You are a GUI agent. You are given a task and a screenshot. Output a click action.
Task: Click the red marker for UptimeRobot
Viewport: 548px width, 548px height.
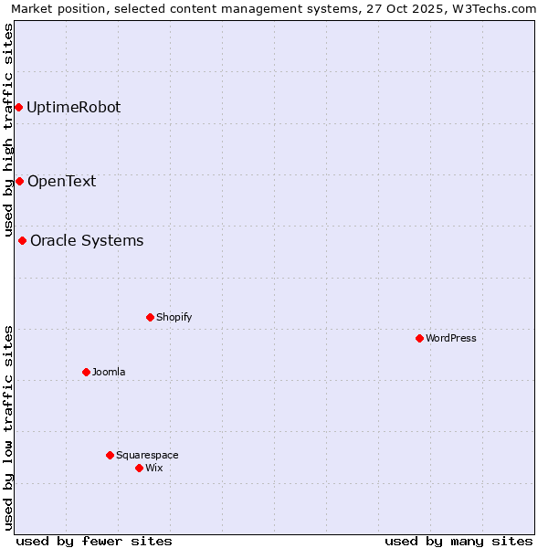18,108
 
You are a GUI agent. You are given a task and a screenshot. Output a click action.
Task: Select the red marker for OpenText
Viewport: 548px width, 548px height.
19,181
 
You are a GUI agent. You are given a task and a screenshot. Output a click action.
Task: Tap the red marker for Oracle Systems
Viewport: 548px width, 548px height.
22,241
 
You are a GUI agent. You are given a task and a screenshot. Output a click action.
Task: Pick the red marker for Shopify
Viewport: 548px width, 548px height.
150,318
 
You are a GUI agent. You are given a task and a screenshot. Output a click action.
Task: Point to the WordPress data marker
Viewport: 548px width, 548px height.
419,339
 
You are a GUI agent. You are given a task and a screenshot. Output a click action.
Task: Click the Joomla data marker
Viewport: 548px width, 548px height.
86,372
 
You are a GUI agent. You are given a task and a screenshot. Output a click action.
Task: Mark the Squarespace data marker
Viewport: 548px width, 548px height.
110,455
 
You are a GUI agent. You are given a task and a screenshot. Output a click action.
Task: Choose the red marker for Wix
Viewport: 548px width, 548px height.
139,469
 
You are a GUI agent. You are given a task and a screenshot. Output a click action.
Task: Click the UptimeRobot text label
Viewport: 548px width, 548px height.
73,108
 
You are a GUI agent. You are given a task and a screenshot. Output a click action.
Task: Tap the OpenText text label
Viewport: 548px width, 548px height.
61,181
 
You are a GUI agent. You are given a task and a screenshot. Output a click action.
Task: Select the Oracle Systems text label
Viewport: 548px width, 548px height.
87,241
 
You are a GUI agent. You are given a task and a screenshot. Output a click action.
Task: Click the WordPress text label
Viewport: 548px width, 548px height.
451,339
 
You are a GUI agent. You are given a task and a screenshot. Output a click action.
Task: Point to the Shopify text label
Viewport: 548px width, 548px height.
174,318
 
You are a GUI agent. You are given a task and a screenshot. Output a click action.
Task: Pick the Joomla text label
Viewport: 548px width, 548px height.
109,372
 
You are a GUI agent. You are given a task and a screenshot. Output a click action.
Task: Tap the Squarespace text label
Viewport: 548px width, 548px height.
147,455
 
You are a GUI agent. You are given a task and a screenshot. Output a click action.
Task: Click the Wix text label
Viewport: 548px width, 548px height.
154,469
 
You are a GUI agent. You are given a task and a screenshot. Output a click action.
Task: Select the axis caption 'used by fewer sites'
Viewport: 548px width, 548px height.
94,541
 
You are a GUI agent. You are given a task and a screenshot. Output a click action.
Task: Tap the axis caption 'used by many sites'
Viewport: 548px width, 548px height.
458,541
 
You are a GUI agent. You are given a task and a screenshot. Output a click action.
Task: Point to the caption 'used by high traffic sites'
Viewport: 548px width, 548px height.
9,130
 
